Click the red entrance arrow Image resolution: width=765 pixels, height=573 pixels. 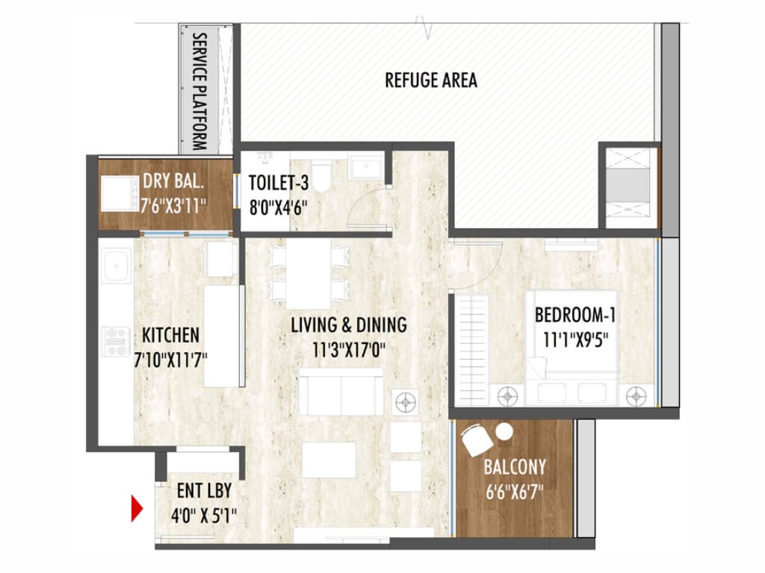[x=137, y=508]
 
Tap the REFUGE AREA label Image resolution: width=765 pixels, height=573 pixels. [x=431, y=81]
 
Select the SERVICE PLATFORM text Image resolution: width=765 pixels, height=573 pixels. [x=199, y=91]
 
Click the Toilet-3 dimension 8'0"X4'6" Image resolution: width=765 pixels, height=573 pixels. [x=278, y=208]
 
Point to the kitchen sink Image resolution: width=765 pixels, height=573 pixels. [x=117, y=266]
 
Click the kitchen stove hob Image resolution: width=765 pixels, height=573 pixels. [x=116, y=342]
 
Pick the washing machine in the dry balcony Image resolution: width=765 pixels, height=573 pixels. [x=120, y=193]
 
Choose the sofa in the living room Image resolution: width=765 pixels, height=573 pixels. [x=341, y=391]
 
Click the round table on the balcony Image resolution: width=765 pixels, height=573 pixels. [x=504, y=432]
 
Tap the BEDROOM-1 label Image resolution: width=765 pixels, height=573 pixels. [x=575, y=315]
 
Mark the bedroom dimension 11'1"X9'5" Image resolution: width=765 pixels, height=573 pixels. [x=576, y=339]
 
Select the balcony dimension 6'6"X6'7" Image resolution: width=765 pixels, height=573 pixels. [x=514, y=492]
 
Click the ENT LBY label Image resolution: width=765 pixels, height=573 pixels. [x=204, y=491]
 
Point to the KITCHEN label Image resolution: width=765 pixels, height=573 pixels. [x=171, y=335]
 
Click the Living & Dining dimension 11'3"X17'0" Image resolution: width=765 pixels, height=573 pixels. [x=349, y=350]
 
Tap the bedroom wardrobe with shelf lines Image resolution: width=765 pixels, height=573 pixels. [x=472, y=350]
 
